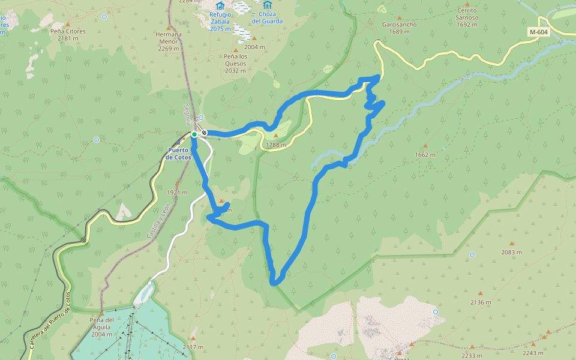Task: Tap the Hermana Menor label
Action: pyautogui.click(x=168, y=38)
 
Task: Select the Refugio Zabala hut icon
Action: pyautogui.click(x=220, y=5)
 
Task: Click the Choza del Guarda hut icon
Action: pyautogui.click(x=265, y=5)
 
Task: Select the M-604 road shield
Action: pyautogui.click(x=539, y=32)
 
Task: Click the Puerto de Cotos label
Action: pyautogui.click(x=178, y=154)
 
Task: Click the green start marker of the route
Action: pyautogui.click(x=194, y=134)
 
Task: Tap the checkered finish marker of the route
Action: pyautogui.click(x=205, y=133)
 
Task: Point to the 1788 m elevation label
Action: pyautogui.click(x=276, y=145)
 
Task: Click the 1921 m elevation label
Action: pyautogui.click(x=177, y=193)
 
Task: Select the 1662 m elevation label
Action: pyautogui.click(x=425, y=154)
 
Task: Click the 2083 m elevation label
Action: pyautogui.click(x=511, y=252)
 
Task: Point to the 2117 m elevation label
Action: pyautogui.click(x=193, y=347)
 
